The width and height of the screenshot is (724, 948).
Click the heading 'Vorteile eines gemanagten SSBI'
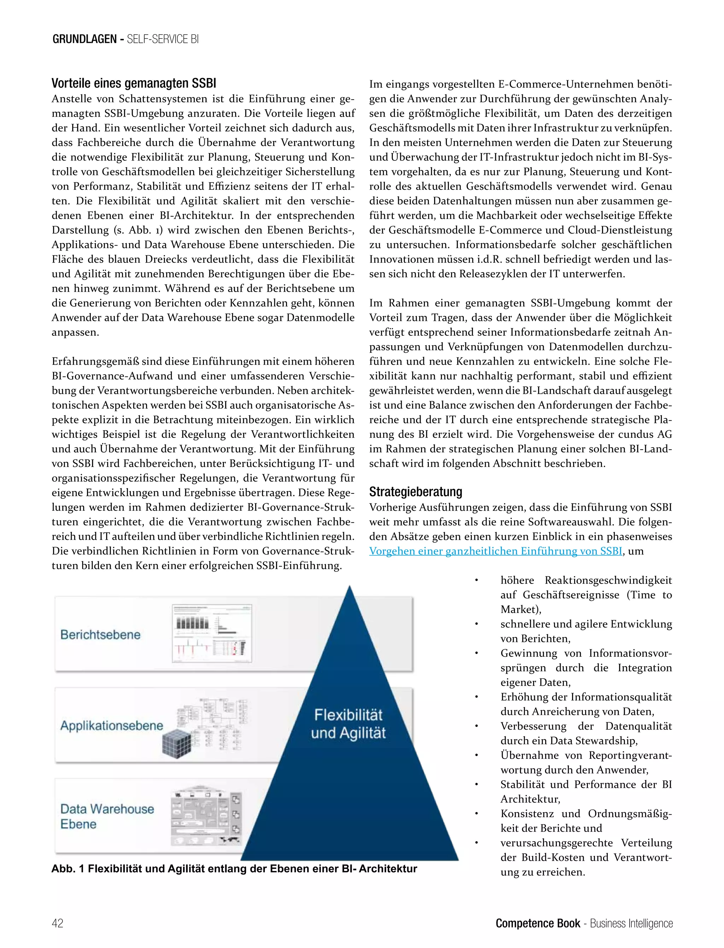pos(134,83)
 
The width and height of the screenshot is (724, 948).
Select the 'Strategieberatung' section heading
pos(415,492)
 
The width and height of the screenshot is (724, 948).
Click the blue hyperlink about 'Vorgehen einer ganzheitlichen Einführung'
pos(496,551)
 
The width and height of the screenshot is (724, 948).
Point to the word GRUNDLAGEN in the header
pos(84,39)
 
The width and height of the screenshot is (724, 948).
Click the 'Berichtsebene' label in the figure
pos(100,635)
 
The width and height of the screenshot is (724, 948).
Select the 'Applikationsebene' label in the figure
pos(112,726)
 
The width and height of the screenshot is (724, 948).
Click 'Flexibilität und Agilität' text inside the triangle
pos(348,724)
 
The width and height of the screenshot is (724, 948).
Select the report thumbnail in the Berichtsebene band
pos(212,633)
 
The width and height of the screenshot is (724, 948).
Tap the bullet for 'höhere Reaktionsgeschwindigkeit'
pos(477,580)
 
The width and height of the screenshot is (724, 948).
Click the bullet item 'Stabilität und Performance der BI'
pos(586,785)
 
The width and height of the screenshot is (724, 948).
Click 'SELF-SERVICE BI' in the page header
pos(163,39)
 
